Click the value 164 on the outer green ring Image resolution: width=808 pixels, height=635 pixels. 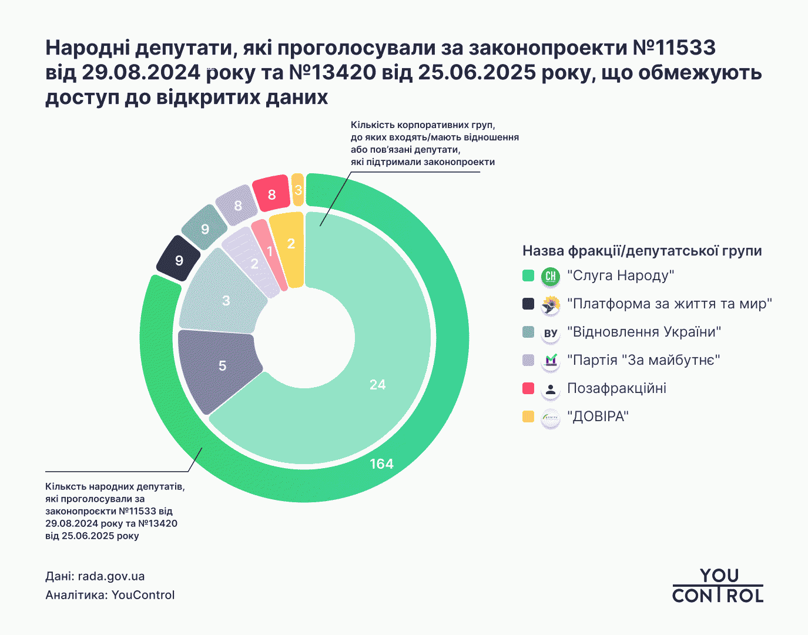[381, 464]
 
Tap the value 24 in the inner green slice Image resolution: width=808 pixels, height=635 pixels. [377, 385]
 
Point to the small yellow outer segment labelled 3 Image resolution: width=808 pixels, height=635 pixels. [298, 190]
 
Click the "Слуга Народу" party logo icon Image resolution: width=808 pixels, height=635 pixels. [551, 276]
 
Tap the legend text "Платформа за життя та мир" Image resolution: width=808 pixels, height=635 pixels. [669, 304]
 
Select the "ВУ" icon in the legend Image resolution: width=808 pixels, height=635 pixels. [551, 333]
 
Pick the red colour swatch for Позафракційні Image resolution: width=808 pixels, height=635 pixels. [528, 388]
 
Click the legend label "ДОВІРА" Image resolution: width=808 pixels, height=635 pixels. [598, 417]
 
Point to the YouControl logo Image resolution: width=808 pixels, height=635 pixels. [718, 586]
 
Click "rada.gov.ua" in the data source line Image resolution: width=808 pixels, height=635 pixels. [111, 576]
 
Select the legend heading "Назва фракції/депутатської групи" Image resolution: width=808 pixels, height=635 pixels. [642, 251]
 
